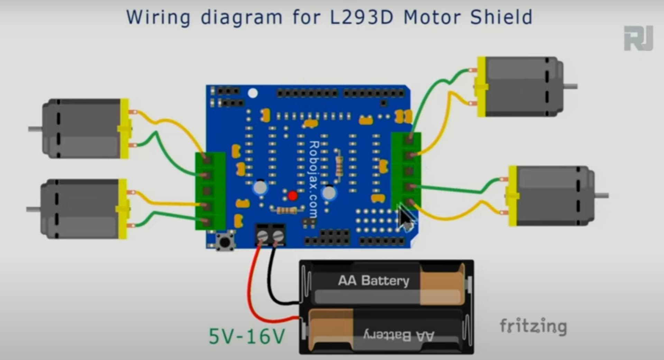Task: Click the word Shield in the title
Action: coord(501,17)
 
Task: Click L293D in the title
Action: coord(362,17)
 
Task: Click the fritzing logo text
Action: coord(533,326)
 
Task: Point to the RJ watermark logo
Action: coord(638,38)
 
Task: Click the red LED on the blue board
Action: coord(293,196)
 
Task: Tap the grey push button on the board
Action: coord(225,241)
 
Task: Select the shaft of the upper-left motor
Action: coord(35,129)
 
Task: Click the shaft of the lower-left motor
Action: coord(33,209)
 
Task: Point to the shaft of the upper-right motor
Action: coord(570,86)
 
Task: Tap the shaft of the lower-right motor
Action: coord(601,196)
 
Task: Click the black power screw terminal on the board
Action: coord(270,235)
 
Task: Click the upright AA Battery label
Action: coord(373,280)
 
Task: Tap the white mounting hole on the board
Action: coord(253,93)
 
